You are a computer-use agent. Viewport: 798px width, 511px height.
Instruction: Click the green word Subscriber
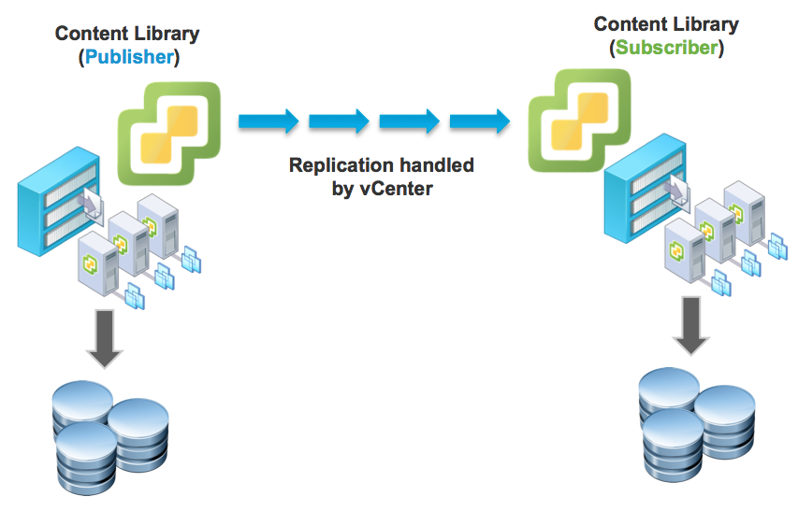pyautogui.click(x=666, y=48)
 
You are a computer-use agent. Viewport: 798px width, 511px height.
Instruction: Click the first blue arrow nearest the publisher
pyautogui.click(x=268, y=121)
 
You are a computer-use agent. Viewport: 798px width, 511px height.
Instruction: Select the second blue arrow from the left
pyautogui.click(x=339, y=121)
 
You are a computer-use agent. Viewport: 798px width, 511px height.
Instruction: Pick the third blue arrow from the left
pyautogui.click(x=409, y=121)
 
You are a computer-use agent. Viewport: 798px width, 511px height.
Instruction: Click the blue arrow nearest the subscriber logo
pyautogui.click(x=479, y=121)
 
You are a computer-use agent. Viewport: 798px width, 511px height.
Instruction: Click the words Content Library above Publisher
pyautogui.click(x=127, y=34)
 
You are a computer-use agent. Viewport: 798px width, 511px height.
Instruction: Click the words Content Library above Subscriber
pyautogui.click(x=666, y=24)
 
